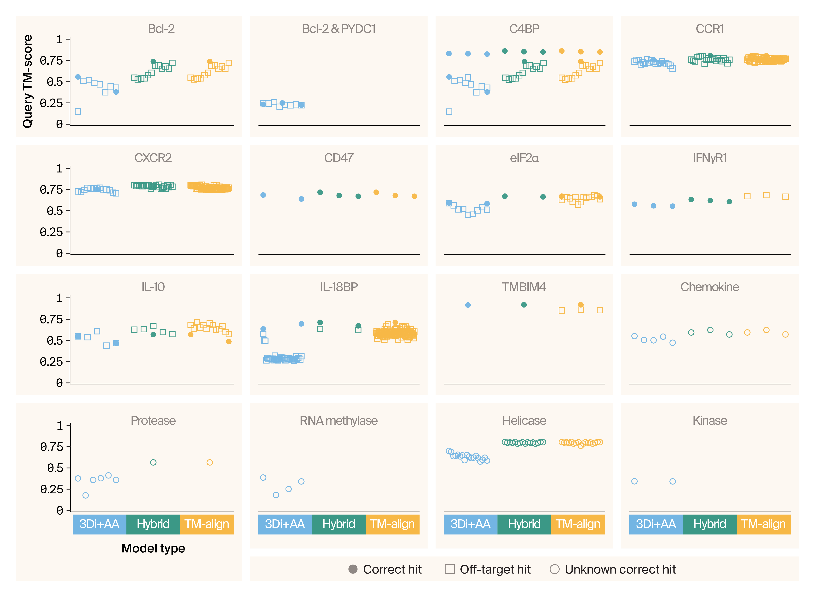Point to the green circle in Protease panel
[153, 462]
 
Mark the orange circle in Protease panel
[209, 462]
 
